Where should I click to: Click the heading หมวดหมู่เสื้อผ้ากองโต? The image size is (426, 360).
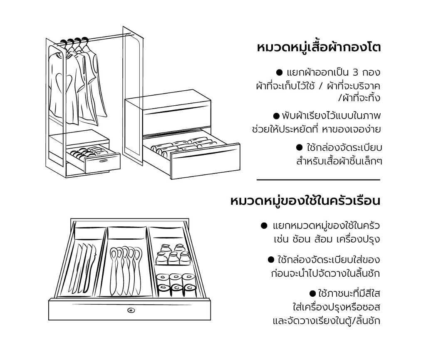[319, 47]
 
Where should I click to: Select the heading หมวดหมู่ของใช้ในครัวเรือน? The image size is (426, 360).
[305, 201]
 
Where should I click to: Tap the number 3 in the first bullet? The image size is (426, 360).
[355, 73]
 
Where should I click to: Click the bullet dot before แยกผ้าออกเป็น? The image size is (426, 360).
[279, 72]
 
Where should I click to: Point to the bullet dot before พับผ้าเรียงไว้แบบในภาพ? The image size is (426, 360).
[276, 116]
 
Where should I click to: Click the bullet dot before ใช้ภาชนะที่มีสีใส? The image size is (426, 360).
[313, 293]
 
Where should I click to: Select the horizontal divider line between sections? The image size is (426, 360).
[318, 180]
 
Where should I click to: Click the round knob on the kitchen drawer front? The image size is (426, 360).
[131, 310]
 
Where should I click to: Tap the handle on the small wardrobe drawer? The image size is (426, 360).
[104, 161]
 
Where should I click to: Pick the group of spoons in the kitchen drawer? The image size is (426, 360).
[126, 271]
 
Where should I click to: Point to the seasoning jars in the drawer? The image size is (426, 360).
[173, 254]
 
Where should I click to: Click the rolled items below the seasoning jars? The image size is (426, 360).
[176, 285]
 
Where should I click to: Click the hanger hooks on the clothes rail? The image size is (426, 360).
[74, 42]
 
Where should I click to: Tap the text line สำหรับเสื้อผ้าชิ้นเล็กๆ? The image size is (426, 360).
[339, 161]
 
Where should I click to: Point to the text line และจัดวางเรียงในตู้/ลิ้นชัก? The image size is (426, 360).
[326, 320]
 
